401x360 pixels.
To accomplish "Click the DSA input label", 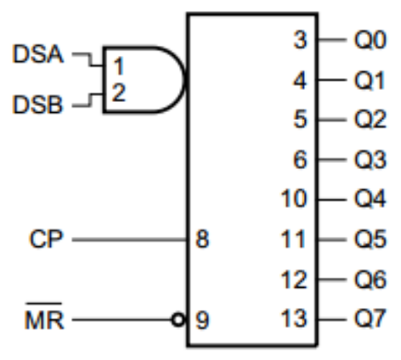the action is (x=38, y=53).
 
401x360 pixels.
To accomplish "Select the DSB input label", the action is (x=37, y=104).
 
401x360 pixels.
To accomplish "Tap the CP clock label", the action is (x=45, y=239).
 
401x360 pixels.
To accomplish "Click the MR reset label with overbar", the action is (x=44, y=317).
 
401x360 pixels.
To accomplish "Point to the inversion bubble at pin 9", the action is (x=178, y=320).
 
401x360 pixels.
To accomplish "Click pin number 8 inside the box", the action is (x=202, y=239).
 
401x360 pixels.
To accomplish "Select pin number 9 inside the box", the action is (x=202, y=320).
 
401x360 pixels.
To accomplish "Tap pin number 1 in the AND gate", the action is (x=119, y=66).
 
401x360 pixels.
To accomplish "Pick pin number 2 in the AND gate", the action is (x=119, y=93).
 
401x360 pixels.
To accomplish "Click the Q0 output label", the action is (x=370, y=40).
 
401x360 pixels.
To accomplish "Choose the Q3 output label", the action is (x=370, y=160).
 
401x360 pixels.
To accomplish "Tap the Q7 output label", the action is (x=370, y=320).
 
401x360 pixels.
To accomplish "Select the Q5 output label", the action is (x=370, y=239).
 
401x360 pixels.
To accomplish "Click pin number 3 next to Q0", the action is (x=300, y=40).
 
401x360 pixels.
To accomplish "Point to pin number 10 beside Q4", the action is (x=293, y=200).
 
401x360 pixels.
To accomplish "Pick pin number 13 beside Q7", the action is (x=293, y=319).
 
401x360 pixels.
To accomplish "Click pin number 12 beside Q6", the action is (x=293, y=279).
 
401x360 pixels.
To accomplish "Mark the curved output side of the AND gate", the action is (x=184, y=80).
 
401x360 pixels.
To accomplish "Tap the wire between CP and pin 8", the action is (x=129, y=239).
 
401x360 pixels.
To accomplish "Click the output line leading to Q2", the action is (x=332, y=120).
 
